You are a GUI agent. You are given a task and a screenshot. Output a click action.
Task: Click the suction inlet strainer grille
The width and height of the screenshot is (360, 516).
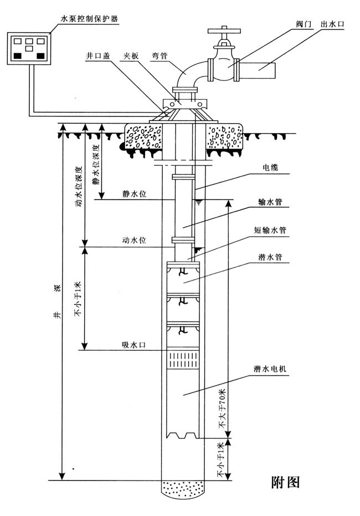pyautogui.click(x=183, y=361)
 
